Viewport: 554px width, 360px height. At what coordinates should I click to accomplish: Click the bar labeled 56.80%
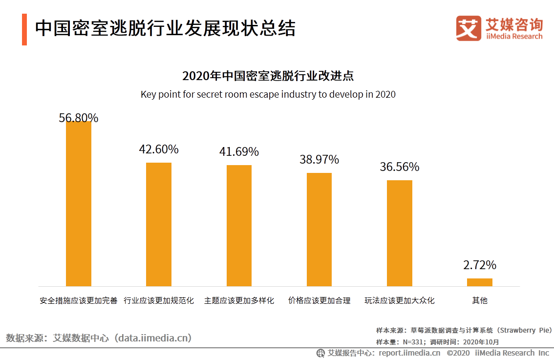pyautogui.click(x=78, y=203)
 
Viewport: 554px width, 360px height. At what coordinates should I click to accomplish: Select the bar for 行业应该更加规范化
pyautogui.click(x=159, y=224)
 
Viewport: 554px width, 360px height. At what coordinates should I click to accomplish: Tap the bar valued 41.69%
pyautogui.click(x=239, y=226)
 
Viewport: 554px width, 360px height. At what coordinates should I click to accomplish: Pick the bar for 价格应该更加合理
pyautogui.click(x=319, y=230)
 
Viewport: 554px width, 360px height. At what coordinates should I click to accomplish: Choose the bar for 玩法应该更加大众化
pyautogui.click(x=400, y=233)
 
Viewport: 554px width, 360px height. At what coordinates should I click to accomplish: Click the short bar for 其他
pyautogui.click(x=480, y=282)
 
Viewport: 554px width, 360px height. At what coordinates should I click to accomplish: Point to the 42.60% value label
pyautogui.click(x=159, y=149)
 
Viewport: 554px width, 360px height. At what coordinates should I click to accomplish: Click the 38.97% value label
pyautogui.click(x=319, y=160)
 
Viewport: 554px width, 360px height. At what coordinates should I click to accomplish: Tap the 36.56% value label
pyautogui.click(x=400, y=167)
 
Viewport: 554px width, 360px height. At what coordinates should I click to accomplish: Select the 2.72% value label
pyautogui.click(x=480, y=265)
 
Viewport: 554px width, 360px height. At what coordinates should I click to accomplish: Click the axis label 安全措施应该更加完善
pyautogui.click(x=79, y=300)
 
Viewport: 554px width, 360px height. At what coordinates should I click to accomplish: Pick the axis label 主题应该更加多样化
pyautogui.click(x=239, y=300)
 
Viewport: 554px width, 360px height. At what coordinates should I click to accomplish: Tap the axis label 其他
pyautogui.click(x=480, y=300)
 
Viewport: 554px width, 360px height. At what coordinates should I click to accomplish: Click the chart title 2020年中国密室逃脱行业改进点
pyautogui.click(x=268, y=76)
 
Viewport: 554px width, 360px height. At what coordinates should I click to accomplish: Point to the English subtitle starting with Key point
pyautogui.click(x=268, y=94)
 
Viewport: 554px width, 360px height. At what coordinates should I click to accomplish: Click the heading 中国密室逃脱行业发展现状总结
pyautogui.click(x=165, y=28)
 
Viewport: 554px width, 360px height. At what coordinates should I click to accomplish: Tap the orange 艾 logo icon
pyautogui.click(x=469, y=28)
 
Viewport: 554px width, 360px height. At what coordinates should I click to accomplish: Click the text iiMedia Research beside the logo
pyautogui.click(x=514, y=37)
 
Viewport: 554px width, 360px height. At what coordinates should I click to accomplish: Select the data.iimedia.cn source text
pyautogui.click(x=153, y=338)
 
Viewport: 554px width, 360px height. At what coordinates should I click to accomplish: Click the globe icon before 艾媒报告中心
pyautogui.click(x=321, y=353)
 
